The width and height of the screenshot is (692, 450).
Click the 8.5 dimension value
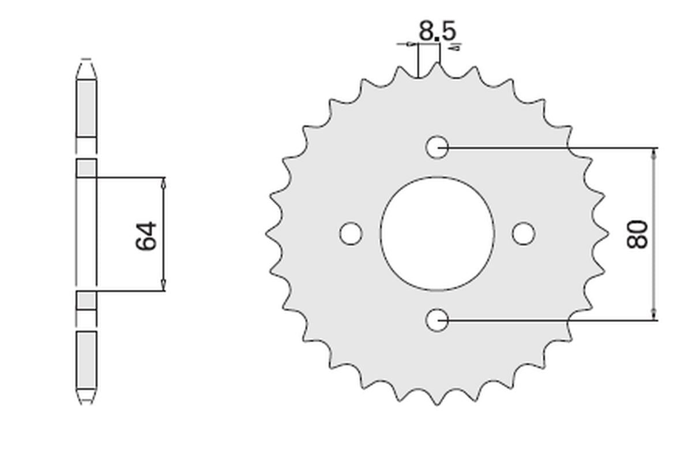click(x=437, y=31)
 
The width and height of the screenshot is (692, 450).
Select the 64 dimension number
click(x=146, y=235)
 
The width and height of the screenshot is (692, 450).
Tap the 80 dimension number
click(x=638, y=234)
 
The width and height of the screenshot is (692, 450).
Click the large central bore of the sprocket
click(x=437, y=234)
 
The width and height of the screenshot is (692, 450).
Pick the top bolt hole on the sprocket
click(x=437, y=147)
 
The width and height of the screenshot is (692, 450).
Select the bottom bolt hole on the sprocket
click(x=437, y=319)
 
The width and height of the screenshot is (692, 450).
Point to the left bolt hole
click(x=350, y=234)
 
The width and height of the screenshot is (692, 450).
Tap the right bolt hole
click(x=524, y=234)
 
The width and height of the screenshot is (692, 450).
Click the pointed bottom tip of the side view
click(x=86, y=402)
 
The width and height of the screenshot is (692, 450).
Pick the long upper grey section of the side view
click(x=86, y=108)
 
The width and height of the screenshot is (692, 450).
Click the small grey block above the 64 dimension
click(x=86, y=167)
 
